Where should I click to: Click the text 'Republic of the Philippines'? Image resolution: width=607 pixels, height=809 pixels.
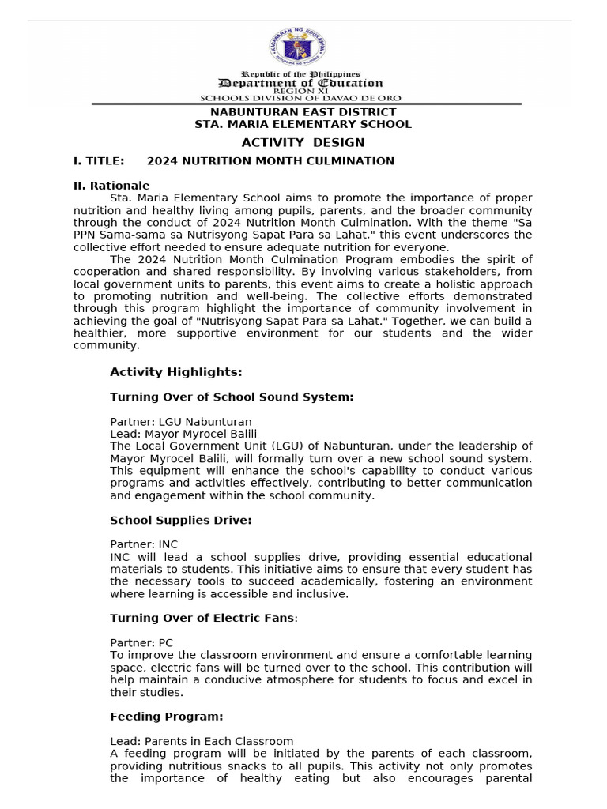(x=300, y=73)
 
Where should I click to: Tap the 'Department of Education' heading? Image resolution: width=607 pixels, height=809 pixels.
(x=300, y=83)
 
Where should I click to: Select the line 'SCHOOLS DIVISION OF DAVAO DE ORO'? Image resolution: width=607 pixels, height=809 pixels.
(x=300, y=98)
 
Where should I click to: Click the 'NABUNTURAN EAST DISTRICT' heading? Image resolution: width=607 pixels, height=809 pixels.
(x=303, y=112)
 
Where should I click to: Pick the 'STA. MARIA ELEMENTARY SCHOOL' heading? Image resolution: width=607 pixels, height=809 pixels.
(x=303, y=124)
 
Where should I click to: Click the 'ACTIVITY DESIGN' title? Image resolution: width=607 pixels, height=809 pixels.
(x=303, y=142)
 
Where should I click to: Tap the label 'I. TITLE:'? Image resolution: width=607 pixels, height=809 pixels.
(x=99, y=161)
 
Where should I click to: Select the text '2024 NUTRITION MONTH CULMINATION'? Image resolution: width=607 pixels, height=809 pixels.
(x=270, y=161)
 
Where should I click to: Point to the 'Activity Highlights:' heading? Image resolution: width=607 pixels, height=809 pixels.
(x=176, y=372)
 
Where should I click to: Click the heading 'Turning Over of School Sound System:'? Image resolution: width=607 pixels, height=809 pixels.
(x=232, y=397)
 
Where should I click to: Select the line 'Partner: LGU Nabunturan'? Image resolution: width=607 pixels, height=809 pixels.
(x=181, y=421)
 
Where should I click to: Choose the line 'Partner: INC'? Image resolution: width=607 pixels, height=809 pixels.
(x=144, y=544)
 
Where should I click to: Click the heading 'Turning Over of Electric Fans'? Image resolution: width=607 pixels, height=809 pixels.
(x=202, y=618)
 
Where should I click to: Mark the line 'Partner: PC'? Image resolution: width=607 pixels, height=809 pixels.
(x=141, y=643)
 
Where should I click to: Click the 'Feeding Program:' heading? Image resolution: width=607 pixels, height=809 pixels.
(x=167, y=717)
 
